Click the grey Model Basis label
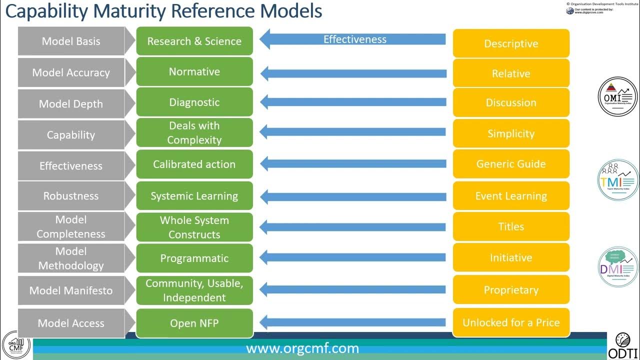click(71, 41)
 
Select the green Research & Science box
click(194, 41)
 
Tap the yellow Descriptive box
click(510, 43)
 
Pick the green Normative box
click(194, 71)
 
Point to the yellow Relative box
click(510, 73)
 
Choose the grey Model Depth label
click(71, 104)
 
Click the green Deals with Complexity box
click(194, 133)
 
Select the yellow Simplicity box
click(510, 133)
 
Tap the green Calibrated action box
click(194, 164)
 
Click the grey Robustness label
click(71, 196)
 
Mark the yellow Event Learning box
click(510, 196)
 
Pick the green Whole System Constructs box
click(194, 227)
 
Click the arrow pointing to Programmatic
click(353, 258)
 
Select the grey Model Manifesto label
click(71, 290)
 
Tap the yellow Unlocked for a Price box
click(510, 322)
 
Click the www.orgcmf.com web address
click(302, 348)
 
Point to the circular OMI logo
click(618, 96)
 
